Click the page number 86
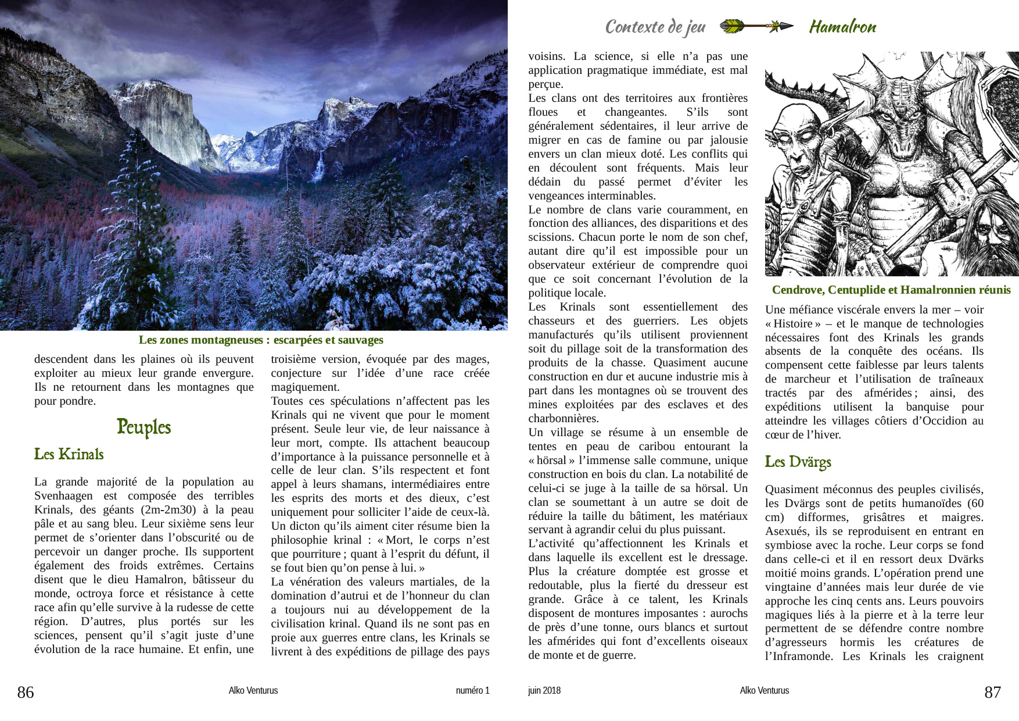click(x=26, y=692)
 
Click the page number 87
click(x=992, y=692)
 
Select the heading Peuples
click(x=143, y=427)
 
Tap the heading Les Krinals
click(x=69, y=454)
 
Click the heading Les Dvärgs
click(x=798, y=462)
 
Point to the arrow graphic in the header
click(x=756, y=26)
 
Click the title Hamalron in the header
click(x=842, y=27)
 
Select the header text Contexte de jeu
click(x=655, y=27)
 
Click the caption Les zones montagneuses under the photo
click(x=261, y=340)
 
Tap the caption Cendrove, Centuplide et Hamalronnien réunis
click(x=891, y=290)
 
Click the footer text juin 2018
click(x=544, y=691)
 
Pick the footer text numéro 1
click(x=472, y=691)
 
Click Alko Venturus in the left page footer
click(x=253, y=691)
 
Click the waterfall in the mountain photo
click(x=319, y=166)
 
